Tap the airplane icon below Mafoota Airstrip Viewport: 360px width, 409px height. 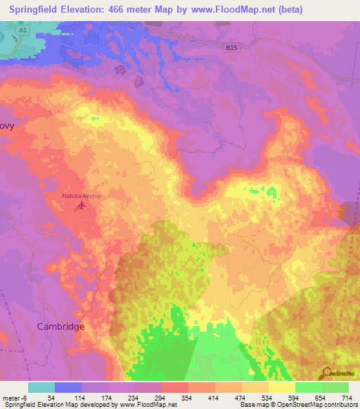82,205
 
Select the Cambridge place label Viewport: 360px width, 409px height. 60,327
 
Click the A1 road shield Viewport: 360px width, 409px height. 23,31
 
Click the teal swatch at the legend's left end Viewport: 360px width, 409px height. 41,387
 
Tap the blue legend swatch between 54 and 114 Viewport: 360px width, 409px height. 67,387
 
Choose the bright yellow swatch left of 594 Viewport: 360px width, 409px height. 281,387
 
